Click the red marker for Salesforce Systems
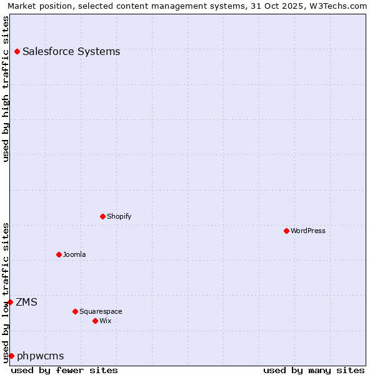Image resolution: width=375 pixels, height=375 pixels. (17, 51)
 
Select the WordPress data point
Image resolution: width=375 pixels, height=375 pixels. (286, 231)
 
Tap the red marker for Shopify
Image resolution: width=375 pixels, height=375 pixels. (102, 216)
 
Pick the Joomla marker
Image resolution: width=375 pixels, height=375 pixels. (59, 254)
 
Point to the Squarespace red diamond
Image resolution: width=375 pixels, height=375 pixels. (75, 311)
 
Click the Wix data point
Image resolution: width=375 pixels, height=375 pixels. (95, 321)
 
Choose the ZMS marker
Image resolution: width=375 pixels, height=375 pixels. (10, 302)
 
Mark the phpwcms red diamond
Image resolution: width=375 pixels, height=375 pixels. (11, 356)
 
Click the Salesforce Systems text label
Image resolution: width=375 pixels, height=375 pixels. (71, 51)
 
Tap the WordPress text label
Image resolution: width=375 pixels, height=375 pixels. (308, 231)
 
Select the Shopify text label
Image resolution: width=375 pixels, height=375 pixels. (119, 216)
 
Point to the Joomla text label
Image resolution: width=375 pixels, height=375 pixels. (74, 254)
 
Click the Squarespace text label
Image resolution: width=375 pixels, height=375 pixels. (101, 311)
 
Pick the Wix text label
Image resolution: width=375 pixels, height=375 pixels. (106, 321)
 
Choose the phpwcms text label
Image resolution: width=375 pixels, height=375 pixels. (41, 356)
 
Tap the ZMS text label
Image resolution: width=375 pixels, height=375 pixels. (26, 302)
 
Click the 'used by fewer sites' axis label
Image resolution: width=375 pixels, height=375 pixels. (64, 370)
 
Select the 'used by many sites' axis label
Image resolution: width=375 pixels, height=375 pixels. (314, 370)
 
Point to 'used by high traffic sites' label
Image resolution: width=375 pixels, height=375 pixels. (6, 89)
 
